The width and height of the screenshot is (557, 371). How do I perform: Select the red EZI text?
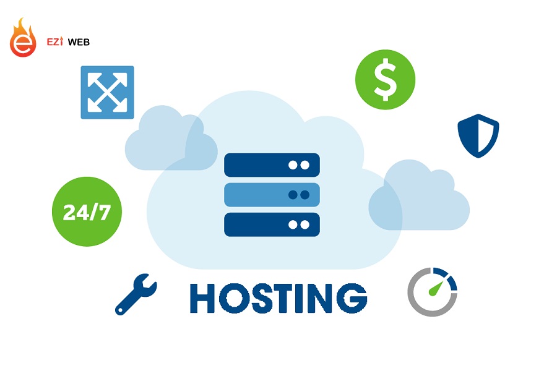(56, 42)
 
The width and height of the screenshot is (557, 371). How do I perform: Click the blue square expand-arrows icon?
(107, 92)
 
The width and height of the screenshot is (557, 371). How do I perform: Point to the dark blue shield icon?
(478, 135)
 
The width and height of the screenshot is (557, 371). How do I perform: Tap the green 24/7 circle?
(87, 212)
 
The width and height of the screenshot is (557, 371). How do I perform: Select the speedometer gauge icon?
(432, 291)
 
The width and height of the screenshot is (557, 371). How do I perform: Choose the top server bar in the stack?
(272, 165)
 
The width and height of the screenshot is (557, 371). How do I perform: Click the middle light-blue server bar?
(272, 195)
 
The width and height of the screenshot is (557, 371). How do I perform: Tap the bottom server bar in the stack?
(272, 224)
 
